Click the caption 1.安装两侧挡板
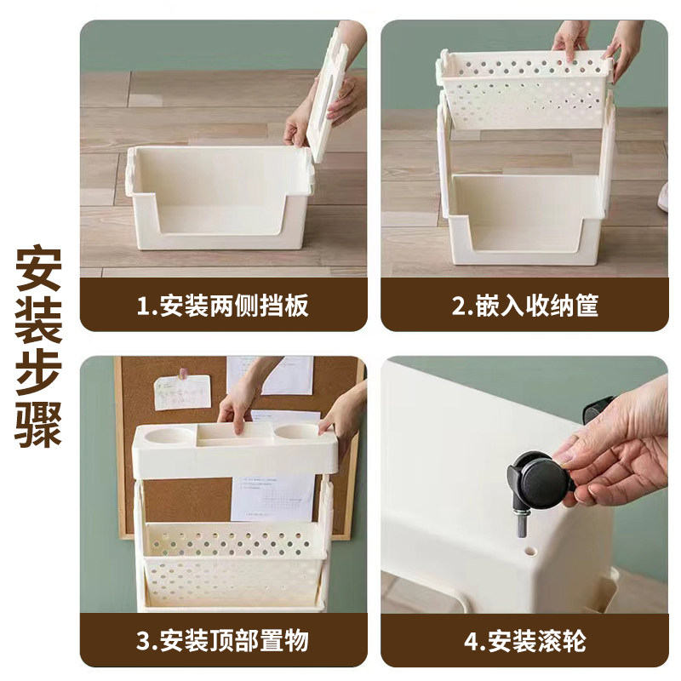point(223,306)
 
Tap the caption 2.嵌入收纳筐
point(524,306)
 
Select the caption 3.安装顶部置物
point(223,640)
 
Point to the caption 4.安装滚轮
point(524,640)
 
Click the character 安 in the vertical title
point(39,271)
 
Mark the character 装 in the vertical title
point(39,321)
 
